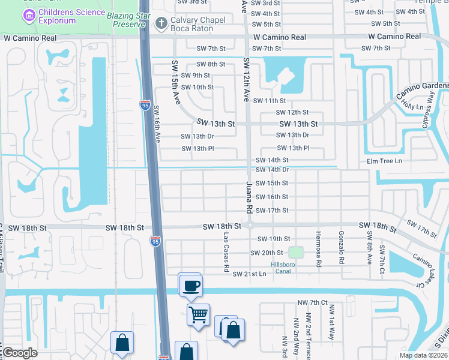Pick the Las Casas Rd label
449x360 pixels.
point(226,249)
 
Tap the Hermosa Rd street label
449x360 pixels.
point(319,248)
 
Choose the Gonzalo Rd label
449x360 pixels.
point(341,247)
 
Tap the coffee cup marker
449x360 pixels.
point(191,285)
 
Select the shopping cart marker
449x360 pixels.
point(198,313)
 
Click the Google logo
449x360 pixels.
point(20,353)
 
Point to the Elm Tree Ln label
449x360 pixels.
point(384,161)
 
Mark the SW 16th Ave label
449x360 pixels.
point(157,124)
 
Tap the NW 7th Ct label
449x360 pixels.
point(316,302)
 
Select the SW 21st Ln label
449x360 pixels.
point(249,274)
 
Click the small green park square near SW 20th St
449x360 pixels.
point(294,252)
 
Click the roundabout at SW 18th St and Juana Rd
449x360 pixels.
point(248,226)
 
